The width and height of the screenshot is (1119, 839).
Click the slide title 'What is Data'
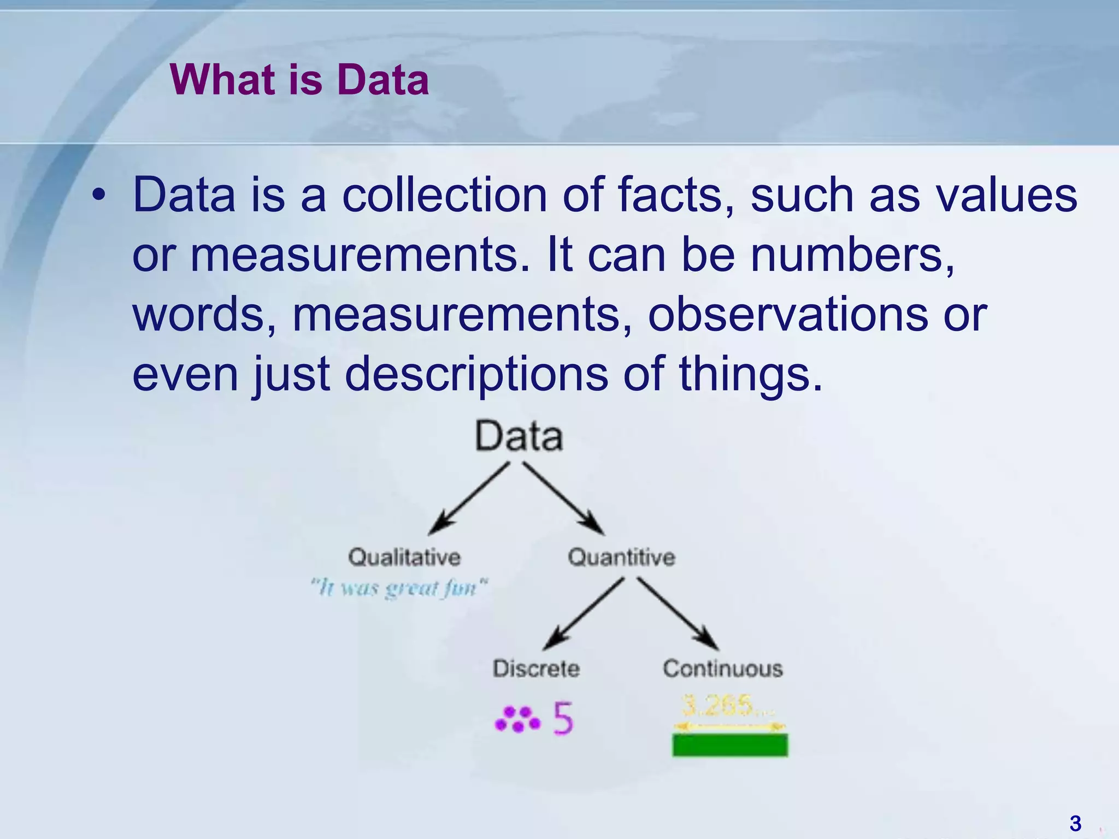(x=299, y=80)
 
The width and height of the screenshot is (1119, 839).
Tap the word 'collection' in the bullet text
(x=444, y=195)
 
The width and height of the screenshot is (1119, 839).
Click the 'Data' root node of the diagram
(x=519, y=436)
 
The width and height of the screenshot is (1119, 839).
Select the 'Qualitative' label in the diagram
(x=404, y=557)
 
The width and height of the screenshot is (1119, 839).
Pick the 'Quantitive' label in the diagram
(x=621, y=557)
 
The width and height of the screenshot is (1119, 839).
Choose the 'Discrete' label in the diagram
(x=536, y=669)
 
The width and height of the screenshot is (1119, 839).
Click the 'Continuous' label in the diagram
(x=723, y=669)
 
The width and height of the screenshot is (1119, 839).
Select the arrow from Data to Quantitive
(x=563, y=498)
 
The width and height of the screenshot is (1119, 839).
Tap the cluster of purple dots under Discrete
(x=517, y=719)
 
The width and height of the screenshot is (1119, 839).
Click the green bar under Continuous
(x=730, y=745)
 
